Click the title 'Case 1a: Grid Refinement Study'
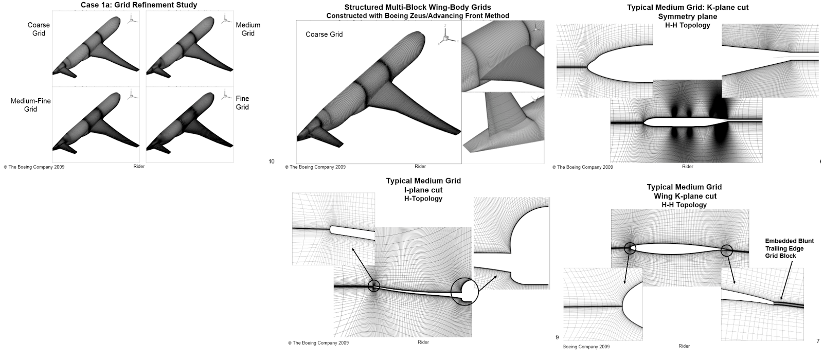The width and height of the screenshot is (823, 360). pyautogui.click(x=139, y=5)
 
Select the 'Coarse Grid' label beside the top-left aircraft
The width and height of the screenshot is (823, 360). pyautogui.click(x=39, y=29)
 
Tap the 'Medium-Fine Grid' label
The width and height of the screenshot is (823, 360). pyautogui.click(x=31, y=105)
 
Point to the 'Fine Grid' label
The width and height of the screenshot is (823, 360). pyautogui.click(x=242, y=102)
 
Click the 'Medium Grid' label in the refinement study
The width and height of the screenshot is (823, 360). pyautogui.click(x=248, y=29)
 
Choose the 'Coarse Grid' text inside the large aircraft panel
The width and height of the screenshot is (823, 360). pyautogui.click(x=324, y=34)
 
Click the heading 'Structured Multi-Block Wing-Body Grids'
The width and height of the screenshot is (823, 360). pyautogui.click(x=418, y=7)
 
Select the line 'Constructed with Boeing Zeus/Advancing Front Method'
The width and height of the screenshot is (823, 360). pyautogui.click(x=418, y=15)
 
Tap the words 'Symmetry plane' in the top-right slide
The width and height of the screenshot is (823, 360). pyautogui.click(x=688, y=16)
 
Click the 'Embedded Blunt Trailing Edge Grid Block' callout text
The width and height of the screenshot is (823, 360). pyautogui.click(x=789, y=248)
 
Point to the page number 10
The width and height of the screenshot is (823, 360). pyautogui.click(x=272, y=161)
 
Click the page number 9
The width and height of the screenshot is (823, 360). pyautogui.click(x=557, y=337)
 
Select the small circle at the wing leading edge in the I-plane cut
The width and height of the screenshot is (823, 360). pyautogui.click(x=374, y=286)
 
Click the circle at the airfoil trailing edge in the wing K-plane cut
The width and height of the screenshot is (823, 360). pyautogui.click(x=726, y=250)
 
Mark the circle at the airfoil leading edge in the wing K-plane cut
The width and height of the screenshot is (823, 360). pyautogui.click(x=630, y=248)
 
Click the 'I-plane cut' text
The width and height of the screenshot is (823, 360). pyautogui.click(x=423, y=190)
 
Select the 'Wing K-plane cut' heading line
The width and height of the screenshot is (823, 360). pyautogui.click(x=685, y=196)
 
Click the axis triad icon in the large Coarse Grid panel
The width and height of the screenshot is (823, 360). pyautogui.click(x=446, y=37)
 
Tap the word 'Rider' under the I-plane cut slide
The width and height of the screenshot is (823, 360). pyautogui.click(x=423, y=342)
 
